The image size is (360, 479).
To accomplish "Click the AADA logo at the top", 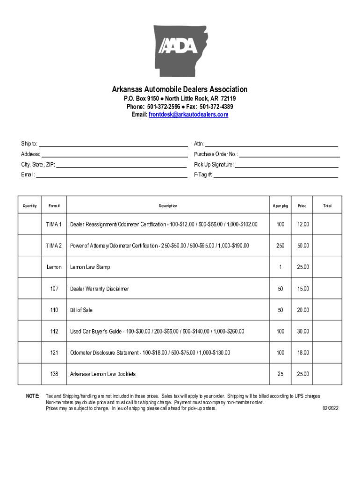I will pyautogui.click(x=180, y=47).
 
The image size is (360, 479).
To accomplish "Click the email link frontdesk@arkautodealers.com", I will pyautogui.click(x=188, y=115).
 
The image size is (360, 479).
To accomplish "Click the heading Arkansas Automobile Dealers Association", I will pyautogui.click(x=180, y=89).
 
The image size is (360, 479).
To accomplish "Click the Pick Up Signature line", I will pyautogui.click(x=286, y=164).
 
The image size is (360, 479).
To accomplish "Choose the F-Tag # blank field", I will pyautogui.click(x=275, y=175).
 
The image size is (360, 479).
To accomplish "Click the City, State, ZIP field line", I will pyautogui.click(x=122, y=164).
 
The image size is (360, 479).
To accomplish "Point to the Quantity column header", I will pyautogui.click(x=30, y=206).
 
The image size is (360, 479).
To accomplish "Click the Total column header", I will pyautogui.click(x=327, y=206).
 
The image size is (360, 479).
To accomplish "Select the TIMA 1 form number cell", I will pyautogui.click(x=54, y=225).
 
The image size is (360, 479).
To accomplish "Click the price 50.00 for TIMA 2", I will pyautogui.click(x=302, y=246).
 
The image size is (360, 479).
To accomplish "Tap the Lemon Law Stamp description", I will pyautogui.click(x=90, y=267).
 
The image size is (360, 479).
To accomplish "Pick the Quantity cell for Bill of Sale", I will pyautogui.click(x=30, y=310).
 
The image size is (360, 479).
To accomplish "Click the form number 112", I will pyautogui.click(x=54, y=331).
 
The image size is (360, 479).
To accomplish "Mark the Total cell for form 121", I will pyautogui.click(x=327, y=353).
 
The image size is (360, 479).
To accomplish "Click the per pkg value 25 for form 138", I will pyautogui.click(x=280, y=374).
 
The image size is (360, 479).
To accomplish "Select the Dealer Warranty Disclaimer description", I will pyautogui.click(x=99, y=289).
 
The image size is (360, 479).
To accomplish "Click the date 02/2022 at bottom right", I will pyautogui.click(x=331, y=408).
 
